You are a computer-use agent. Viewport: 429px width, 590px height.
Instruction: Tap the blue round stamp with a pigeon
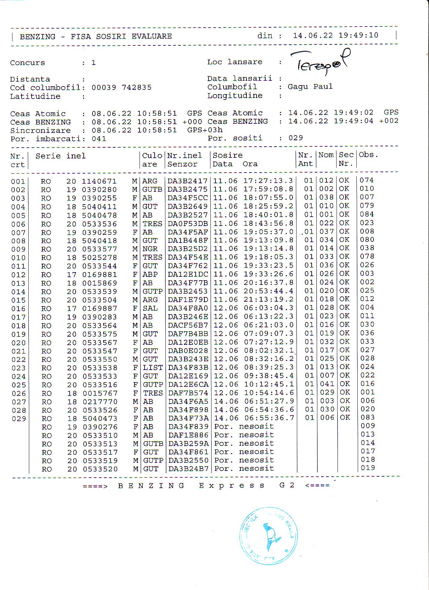point(268,536)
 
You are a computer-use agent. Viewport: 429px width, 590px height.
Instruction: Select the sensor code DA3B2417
point(188,181)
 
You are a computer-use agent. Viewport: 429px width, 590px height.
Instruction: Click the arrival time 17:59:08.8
point(268,189)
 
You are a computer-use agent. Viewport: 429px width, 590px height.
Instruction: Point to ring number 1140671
point(99,181)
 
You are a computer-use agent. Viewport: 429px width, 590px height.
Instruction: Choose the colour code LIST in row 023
point(153,368)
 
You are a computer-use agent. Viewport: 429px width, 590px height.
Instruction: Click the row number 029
point(19,419)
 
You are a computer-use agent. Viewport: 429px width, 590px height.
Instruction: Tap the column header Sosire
point(228,155)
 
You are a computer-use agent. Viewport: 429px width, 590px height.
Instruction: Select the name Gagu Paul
point(310,86)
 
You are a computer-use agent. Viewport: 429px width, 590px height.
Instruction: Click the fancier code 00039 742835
point(121,87)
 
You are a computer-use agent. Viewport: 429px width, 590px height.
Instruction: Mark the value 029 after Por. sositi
point(296,138)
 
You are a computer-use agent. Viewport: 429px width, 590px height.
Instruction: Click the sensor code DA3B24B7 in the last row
point(188,469)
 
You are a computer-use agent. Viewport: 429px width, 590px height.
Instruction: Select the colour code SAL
point(150,308)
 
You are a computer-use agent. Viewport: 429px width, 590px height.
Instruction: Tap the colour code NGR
point(150,249)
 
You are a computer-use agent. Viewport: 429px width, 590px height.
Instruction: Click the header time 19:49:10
point(358,35)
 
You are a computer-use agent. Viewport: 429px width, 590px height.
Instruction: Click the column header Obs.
point(368,155)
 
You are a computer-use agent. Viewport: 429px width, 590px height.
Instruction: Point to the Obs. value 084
point(367,214)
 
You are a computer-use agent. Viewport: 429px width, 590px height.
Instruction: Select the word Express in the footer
point(232,485)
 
